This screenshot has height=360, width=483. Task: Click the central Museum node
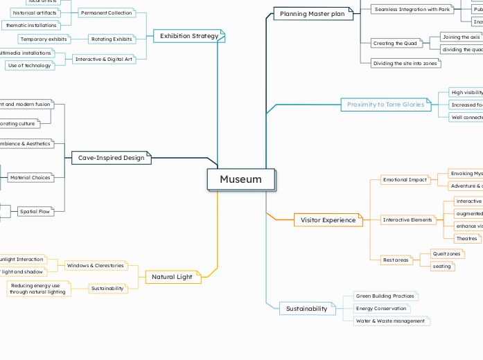click(241, 179)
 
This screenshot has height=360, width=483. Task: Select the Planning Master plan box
click(312, 14)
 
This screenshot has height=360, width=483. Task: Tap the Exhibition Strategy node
click(188, 36)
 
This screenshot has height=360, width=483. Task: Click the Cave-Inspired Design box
click(111, 158)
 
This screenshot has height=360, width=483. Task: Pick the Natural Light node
click(173, 277)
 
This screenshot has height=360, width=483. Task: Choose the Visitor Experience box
click(328, 220)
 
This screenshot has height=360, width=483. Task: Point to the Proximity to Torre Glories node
click(385, 105)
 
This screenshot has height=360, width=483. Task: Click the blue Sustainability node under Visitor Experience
click(306, 309)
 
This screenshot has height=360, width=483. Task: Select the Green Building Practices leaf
click(385, 296)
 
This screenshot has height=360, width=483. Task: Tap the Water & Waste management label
click(390, 321)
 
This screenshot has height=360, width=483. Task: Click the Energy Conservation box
click(380, 308)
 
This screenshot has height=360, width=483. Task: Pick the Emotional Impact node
click(405, 180)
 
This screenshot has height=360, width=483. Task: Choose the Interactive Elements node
click(408, 220)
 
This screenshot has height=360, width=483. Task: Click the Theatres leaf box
click(467, 238)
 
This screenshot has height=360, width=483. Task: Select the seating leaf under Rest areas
click(441, 266)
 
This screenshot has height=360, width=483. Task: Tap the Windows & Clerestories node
click(96, 265)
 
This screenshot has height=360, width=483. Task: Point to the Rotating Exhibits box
click(112, 39)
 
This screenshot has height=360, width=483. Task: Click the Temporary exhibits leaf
click(44, 39)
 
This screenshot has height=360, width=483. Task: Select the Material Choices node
click(30, 178)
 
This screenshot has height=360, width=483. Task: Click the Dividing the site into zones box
click(405, 63)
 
